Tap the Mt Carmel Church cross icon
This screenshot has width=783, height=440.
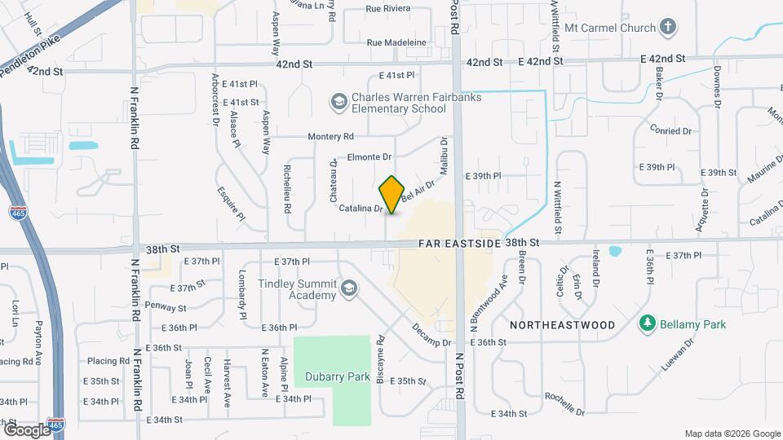point(669,28)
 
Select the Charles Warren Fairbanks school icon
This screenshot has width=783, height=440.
point(338,102)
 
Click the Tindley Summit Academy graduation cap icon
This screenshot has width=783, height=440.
point(349,288)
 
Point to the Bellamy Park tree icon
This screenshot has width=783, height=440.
point(647,324)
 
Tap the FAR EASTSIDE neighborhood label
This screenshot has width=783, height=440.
point(458,243)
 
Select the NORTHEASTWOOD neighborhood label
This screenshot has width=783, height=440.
point(562,324)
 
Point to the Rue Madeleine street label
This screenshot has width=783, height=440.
point(396,42)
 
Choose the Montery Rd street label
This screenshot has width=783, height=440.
point(330,137)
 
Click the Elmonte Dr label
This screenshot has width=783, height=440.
point(369,156)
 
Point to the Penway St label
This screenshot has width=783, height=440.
point(166,306)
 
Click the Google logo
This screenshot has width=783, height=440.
point(27,429)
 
